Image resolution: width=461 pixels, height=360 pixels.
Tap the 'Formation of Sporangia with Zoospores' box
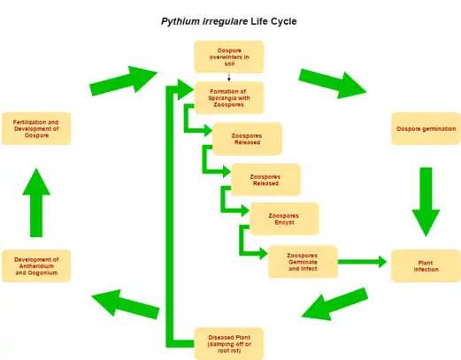[x=229, y=97]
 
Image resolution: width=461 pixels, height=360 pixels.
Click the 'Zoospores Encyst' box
[x=284, y=218]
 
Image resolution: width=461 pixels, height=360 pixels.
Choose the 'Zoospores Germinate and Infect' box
[x=302, y=262]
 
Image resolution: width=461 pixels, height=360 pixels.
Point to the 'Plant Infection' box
[x=426, y=264]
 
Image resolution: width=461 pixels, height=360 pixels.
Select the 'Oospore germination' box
[x=426, y=129]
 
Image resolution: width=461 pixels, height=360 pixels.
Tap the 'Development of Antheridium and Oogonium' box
[x=36, y=265]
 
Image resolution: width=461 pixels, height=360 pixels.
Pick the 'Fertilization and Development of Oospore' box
[x=36, y=129]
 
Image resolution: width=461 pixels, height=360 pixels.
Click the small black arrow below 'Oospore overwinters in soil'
[x=229, y=77]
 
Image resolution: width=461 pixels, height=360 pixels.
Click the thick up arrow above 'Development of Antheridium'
[x=36, y=202]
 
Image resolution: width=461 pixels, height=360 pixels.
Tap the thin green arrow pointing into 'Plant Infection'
[x=363, y=262]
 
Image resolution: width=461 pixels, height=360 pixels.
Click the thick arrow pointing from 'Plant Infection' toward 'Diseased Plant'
[x=335, y=303]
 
